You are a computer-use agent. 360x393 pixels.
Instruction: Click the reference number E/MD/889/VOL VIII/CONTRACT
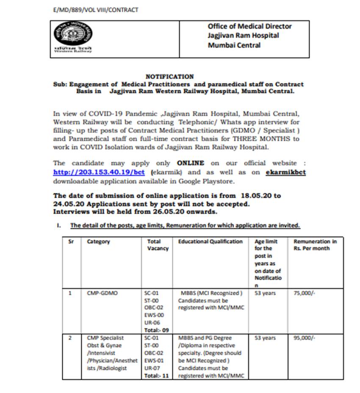coord(93,10)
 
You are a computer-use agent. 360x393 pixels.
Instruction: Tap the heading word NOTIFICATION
coord(169,77)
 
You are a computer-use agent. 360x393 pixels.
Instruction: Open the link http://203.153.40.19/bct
coord(99,172)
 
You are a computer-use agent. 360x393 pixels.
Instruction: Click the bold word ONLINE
coord(191,163)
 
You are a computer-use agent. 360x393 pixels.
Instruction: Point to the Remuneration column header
coord(315,245)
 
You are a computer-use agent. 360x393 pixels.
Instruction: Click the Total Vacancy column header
coord(157,245)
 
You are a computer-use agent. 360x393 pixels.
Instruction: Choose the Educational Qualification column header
coord(210,242)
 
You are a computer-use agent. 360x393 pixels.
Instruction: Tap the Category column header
coord(98,242)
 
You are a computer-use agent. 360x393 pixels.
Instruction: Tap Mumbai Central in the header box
coord(234,45)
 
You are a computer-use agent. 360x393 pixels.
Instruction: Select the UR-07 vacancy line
coord(153,368)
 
